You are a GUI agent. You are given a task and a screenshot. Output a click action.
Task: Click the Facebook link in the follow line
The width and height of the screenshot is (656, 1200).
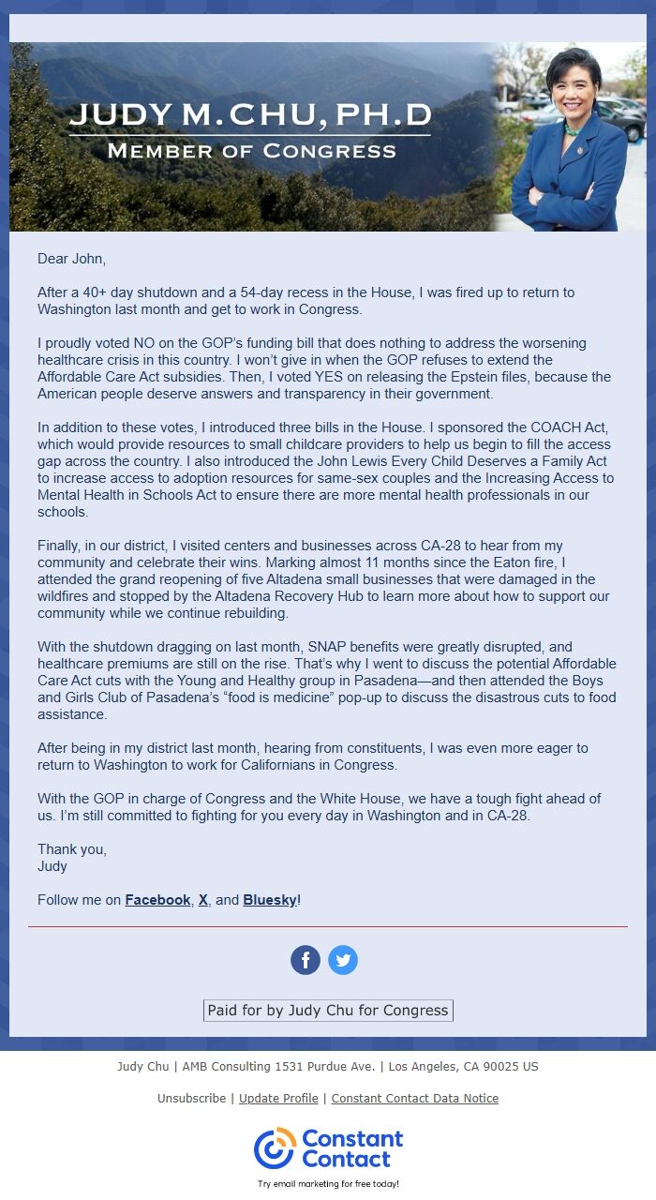(157, 900)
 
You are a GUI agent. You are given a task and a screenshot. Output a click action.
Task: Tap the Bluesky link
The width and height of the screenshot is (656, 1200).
(270, 900)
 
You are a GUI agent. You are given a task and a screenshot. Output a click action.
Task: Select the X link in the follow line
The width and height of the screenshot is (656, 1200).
(203, 900)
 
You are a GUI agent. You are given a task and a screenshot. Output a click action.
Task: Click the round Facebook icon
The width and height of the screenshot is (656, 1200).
(306, 960)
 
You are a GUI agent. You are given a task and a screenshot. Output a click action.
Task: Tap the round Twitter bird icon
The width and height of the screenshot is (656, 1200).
(343, 960)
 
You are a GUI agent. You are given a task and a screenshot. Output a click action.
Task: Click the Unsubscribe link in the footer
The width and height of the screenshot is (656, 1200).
(191, 1098)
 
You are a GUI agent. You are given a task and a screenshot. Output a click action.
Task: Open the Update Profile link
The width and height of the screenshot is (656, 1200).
(278, 1098)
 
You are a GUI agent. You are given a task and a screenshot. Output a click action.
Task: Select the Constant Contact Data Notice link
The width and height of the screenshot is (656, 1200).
(414, 1098)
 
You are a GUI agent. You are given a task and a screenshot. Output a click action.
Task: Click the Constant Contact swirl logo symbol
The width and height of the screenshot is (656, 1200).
(275, 1148)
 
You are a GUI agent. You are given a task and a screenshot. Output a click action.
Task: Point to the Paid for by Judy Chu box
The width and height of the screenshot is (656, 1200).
(328, 1011)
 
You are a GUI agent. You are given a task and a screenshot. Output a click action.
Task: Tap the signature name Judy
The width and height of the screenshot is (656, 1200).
(52, 866)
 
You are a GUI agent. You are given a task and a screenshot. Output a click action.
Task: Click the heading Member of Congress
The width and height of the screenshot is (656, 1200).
(251, 151)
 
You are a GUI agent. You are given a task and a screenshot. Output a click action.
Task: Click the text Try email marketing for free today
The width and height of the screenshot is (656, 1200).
(328, 1184)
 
